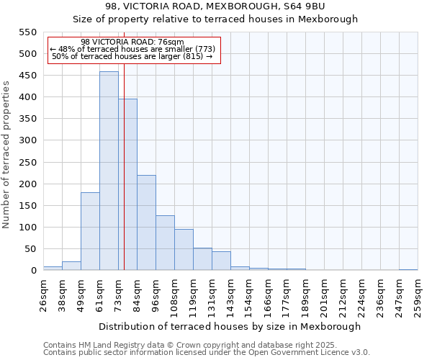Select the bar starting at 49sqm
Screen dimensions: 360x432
(90, 231)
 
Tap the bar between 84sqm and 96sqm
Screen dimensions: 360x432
(146, 222)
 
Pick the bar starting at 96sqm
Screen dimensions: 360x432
(165, 243)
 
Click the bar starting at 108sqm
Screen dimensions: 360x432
(184, 250)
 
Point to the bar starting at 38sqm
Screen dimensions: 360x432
(71, 266)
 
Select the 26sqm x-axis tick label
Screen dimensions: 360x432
(44, 293)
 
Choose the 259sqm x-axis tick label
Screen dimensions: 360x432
(418, 293)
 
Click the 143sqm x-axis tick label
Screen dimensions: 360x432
(231, 293)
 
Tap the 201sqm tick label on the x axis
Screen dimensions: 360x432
(325, 293)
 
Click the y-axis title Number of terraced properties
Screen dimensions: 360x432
(6, 154)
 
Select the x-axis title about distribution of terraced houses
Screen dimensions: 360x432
(230, 326)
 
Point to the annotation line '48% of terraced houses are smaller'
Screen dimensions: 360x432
(133, 49)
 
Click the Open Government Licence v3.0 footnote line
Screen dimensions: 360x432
(206, 353)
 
